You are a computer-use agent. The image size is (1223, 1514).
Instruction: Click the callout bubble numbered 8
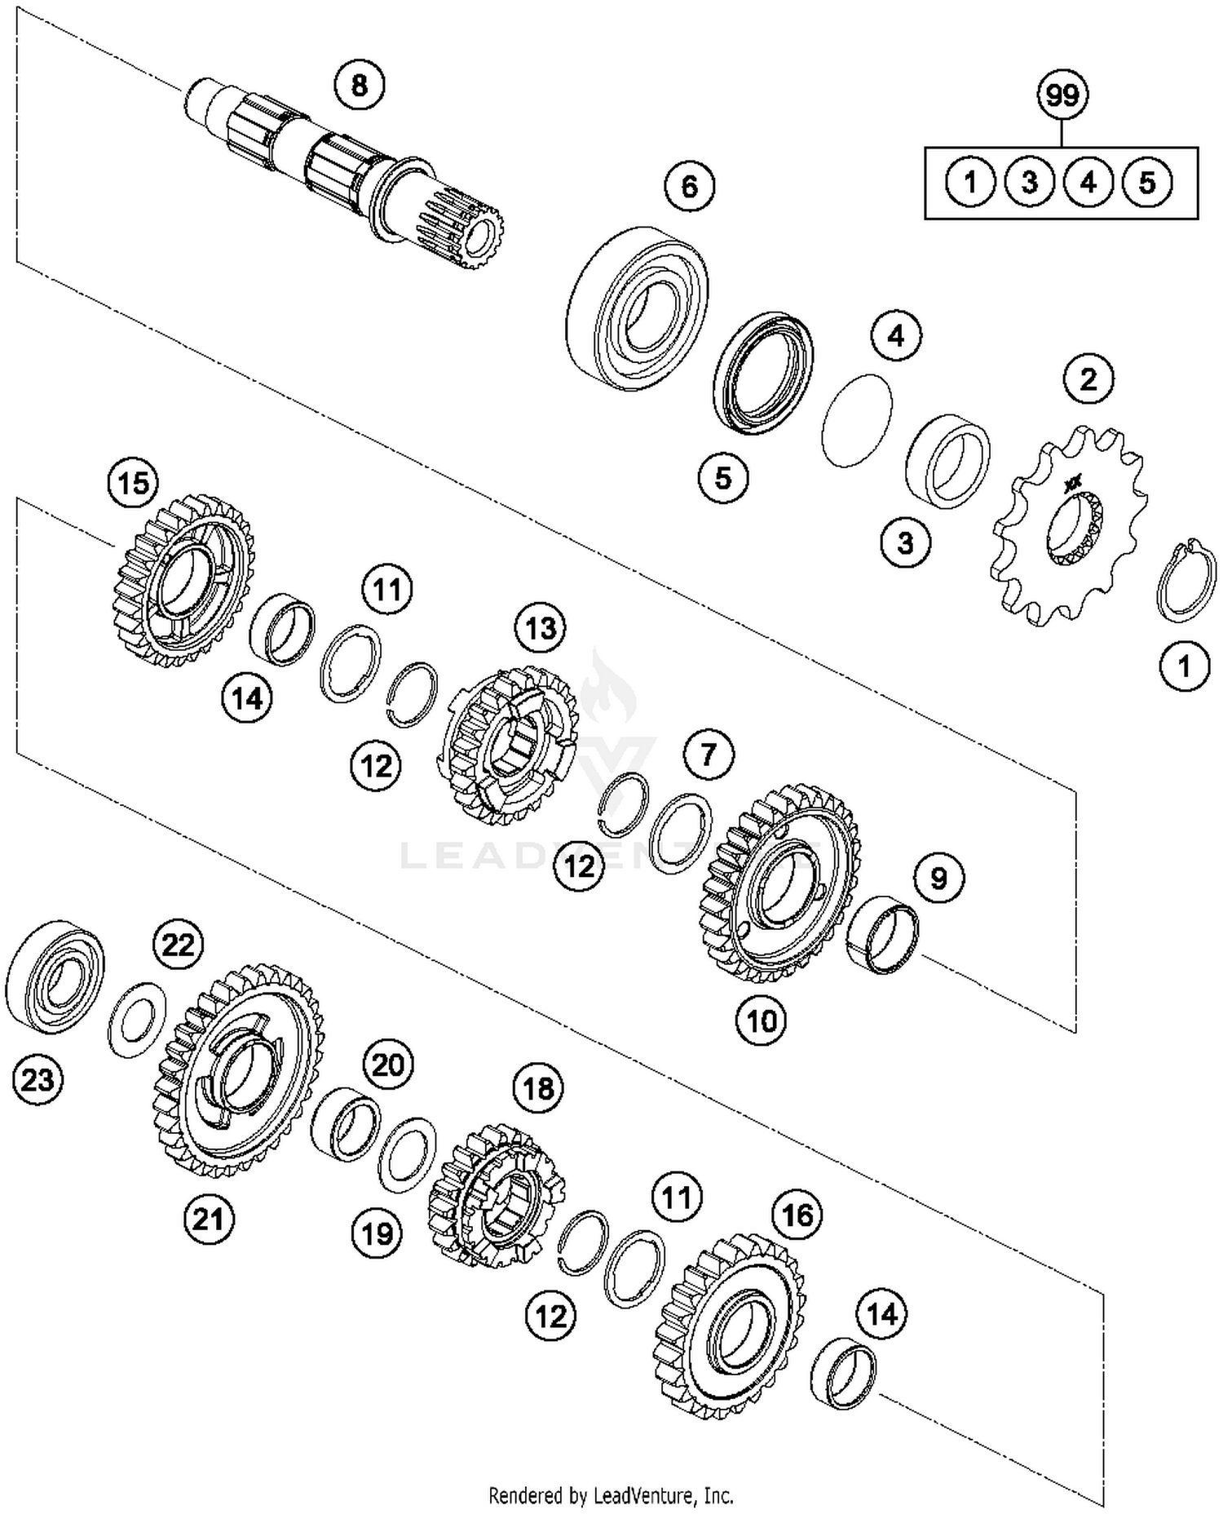(360, 85)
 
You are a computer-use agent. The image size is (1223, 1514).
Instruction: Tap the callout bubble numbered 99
(1062, 95)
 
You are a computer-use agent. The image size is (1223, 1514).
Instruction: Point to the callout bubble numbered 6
(689, 187)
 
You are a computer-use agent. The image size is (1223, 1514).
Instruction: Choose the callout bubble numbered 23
(38, 1080)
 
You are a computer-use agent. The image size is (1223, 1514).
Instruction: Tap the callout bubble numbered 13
(541, 628)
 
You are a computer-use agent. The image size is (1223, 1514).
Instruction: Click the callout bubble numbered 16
(797, 1215)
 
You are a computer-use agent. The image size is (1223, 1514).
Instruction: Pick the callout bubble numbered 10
(761, 1020)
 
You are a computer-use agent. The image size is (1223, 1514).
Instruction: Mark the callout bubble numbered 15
(134, 483)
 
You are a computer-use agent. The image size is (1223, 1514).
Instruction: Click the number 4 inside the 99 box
(1088, 182)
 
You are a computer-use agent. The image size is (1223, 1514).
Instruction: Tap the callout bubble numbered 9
(938, 878)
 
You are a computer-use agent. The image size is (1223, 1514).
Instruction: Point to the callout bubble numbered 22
(179, 945)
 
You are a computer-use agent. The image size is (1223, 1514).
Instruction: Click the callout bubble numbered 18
(538, 1088)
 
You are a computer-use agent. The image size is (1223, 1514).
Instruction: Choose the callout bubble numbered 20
(388, 1065)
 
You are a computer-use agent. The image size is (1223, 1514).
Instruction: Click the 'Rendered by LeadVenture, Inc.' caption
(611, 1496)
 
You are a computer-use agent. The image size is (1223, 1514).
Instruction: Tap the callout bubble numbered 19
(377, 1233)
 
